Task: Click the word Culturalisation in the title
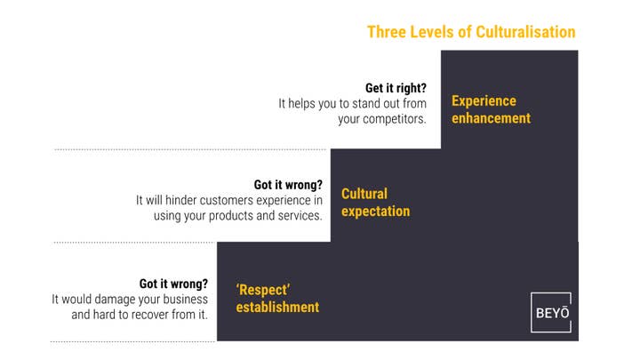(x=525, y=32)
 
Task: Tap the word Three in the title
(x=387, y=32)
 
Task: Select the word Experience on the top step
(x=484, y=100)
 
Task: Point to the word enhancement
(x=491, y=118)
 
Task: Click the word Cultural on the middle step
(x=364, y=194)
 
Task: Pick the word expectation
(x=375, y=212)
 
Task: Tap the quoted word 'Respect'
(x=263, y=290)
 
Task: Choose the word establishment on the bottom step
(x=277, y=307)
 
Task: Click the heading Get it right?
(x=396, y=88)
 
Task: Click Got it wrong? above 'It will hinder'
(x=288, y=185)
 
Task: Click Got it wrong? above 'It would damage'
(x=173, y=284)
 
